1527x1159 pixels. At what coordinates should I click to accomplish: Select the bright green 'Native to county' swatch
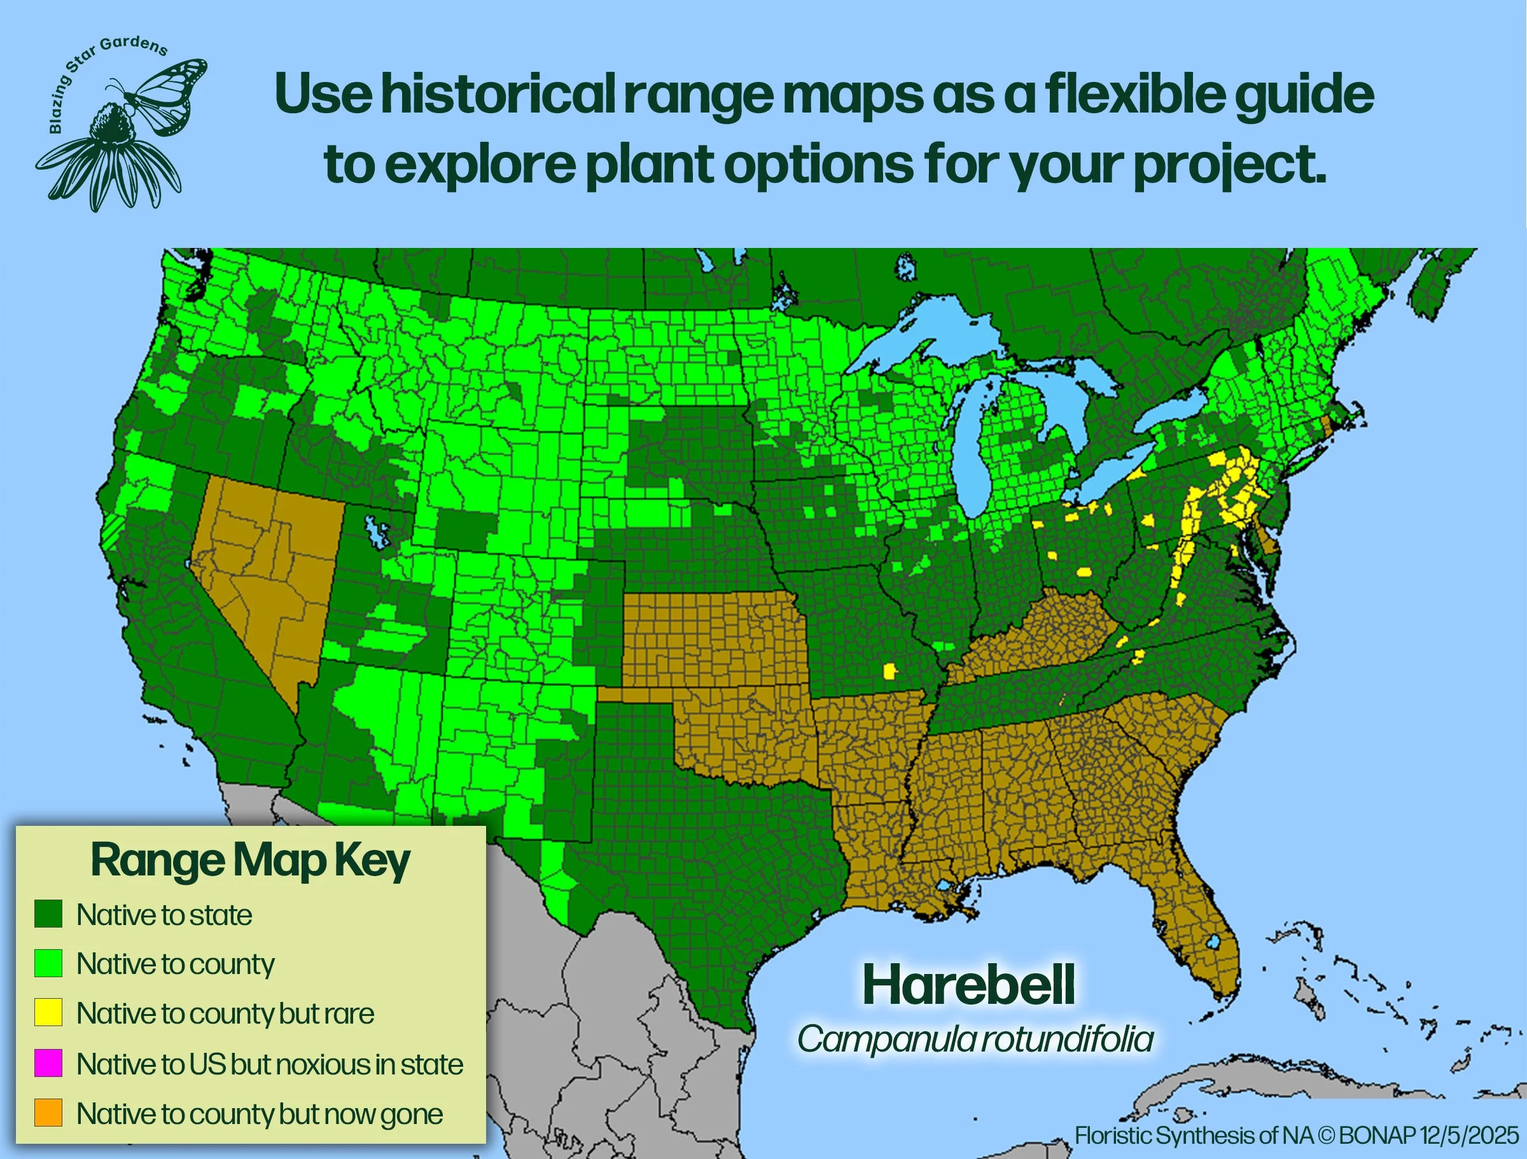[48, 963]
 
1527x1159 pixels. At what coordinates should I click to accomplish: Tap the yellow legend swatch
[48, 1013]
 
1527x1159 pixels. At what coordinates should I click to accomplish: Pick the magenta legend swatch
[48, 1063]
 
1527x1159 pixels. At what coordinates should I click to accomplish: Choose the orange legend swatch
[48, 1113]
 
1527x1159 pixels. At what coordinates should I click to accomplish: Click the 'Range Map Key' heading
[250, 861]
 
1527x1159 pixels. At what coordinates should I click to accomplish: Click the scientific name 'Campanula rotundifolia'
[975, 1039]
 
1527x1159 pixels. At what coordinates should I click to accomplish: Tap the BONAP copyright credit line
[1297, 1135]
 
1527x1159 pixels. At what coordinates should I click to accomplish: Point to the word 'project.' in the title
[1229, 165]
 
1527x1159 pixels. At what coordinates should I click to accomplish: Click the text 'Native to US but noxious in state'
[269, 1064]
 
